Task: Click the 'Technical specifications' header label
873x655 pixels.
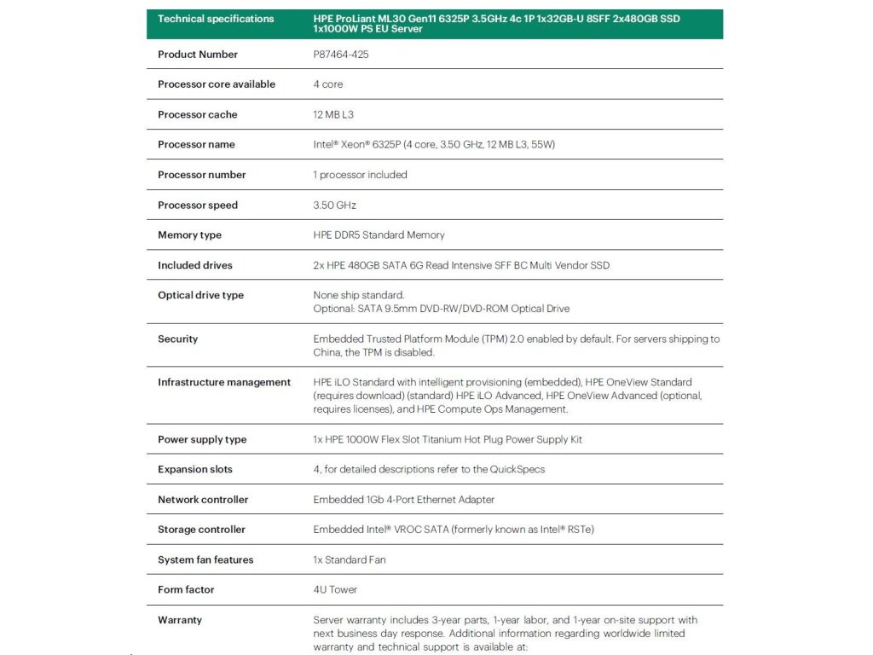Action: click(216, 19)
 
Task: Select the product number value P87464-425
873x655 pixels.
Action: click(341, 55)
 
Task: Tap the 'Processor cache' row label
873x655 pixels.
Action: click(198, 115)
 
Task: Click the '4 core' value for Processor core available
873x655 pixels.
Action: click(328, 84)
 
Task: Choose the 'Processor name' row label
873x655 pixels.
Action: click(196, 145)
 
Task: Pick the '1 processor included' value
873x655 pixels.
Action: click(360, 175)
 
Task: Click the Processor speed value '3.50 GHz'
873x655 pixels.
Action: click(334, 206)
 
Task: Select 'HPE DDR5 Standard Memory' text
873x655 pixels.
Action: click(379, 235)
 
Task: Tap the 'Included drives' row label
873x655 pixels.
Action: click(195, 265)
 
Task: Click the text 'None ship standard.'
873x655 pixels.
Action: click(359, 295)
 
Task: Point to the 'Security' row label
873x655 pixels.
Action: click(177, 339)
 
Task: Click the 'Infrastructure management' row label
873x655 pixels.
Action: click(224, 382)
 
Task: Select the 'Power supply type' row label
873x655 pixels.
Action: click(202, 440)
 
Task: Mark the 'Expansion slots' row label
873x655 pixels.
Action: click(195, 470)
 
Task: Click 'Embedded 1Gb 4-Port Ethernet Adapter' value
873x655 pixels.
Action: click(403, 500)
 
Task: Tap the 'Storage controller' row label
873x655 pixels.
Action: click(201, 530)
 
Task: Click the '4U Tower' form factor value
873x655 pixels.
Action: click(335, 590)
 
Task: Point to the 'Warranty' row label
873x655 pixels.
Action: click(180, 620)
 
